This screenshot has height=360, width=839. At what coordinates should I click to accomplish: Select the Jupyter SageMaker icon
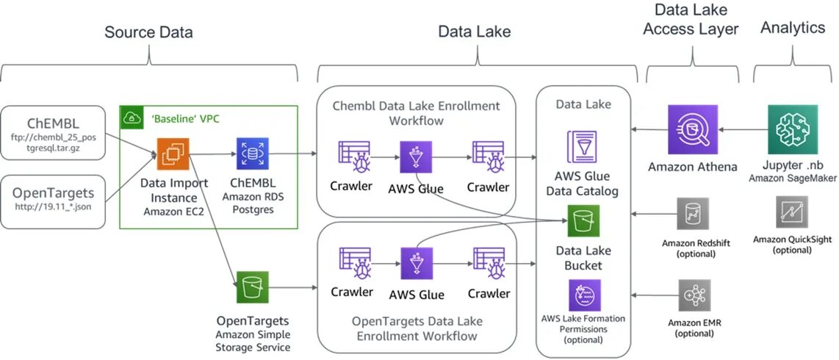click(x=792, y=129)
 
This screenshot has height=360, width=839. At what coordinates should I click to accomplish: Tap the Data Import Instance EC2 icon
click(x=173, y=154)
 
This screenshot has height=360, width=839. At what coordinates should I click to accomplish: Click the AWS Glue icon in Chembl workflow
click(x=415, y=156)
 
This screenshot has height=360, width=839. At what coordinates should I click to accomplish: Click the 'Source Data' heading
click(x=148, y=32)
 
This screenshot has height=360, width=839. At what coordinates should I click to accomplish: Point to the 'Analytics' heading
click(x=793, y=28)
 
